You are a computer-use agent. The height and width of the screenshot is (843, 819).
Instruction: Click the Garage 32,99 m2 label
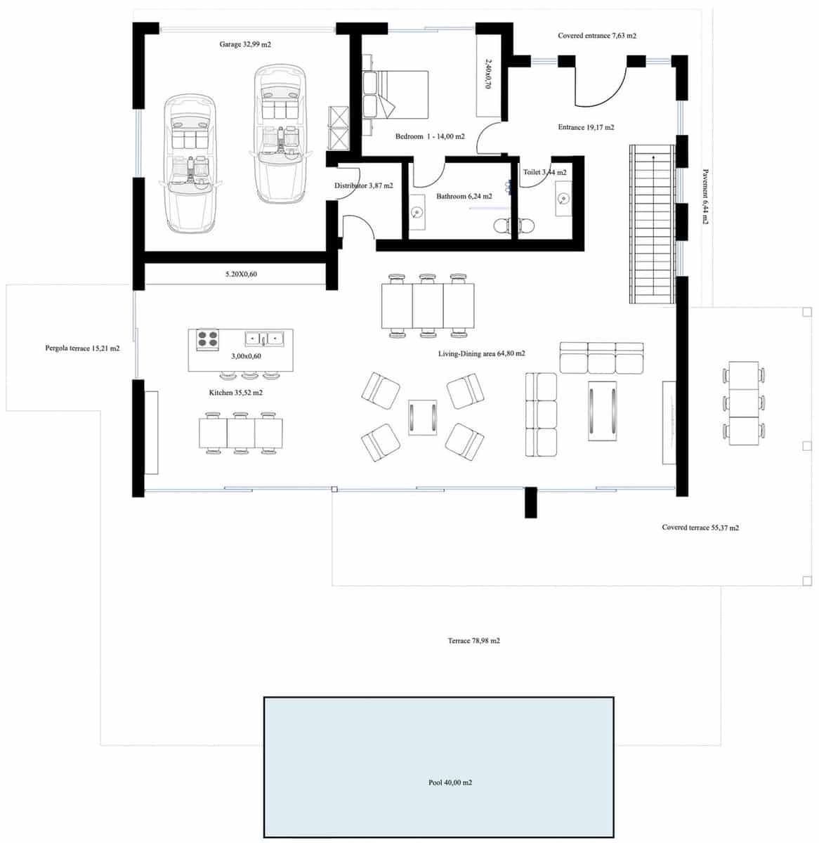(245, 44)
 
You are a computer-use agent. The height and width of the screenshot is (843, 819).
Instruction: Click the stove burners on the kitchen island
(207, 339)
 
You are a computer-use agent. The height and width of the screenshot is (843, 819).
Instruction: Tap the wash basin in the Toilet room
(563, 198)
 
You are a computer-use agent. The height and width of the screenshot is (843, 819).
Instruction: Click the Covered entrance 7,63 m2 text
(597, 36)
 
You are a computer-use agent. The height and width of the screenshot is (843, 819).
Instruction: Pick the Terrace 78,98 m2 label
(474, 641)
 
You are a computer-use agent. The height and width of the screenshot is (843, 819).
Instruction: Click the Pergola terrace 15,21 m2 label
(82, 348)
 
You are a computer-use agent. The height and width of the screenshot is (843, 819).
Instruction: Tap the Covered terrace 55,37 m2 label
(700, 528)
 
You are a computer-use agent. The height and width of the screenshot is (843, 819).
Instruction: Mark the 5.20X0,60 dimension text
(241, 274)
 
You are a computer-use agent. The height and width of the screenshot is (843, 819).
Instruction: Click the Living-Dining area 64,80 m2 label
(482, 354)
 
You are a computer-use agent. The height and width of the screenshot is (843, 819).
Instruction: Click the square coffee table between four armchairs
(423, 417)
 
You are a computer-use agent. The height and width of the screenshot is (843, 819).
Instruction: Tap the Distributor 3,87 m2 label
(363, 186)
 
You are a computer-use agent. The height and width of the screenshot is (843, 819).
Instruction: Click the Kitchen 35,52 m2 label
(236, 393)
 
